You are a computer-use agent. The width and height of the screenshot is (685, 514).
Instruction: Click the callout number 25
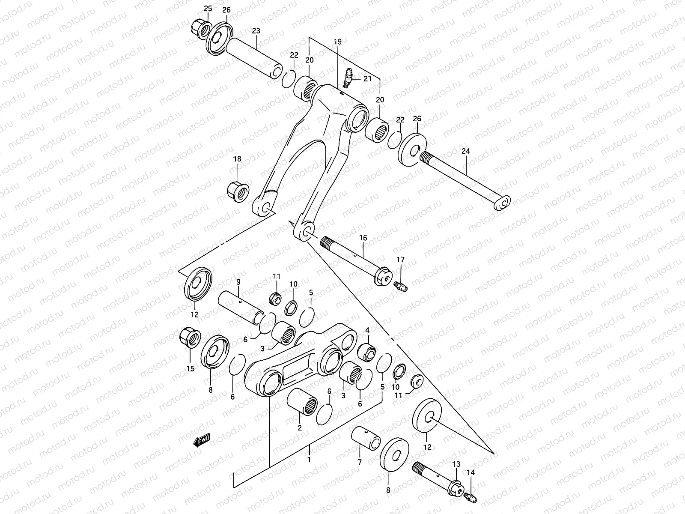[x=208, y=9]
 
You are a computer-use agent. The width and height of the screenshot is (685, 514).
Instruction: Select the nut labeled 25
[x=200, y=29]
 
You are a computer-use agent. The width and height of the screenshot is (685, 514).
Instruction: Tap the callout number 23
[x=256, y=31]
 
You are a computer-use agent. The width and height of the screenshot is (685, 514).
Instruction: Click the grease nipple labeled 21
[x=348, y=78]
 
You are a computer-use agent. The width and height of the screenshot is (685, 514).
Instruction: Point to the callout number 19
[x=337, y=42]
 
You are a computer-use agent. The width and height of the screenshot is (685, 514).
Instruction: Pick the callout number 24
[x=466, y=151]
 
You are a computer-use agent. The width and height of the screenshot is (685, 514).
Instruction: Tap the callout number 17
[x=400, y=260]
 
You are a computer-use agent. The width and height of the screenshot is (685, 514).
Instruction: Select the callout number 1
[x=309, y=459]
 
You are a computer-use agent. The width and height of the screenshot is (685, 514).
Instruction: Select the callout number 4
[x=367, y=330]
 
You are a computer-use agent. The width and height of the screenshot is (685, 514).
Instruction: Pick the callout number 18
[x=237, y=159]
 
